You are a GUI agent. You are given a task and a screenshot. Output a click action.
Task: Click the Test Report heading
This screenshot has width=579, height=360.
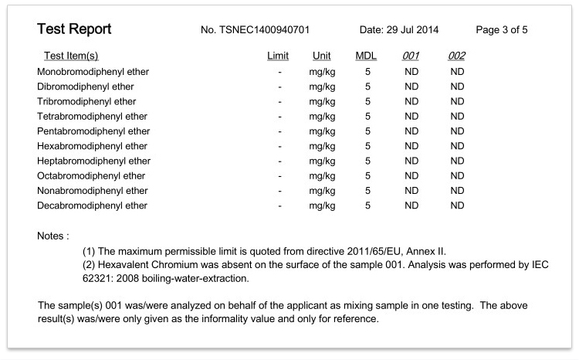74,30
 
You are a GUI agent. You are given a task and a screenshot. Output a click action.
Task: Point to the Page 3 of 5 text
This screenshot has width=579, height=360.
503,30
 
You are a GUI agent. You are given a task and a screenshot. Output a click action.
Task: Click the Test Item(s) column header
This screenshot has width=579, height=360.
72,56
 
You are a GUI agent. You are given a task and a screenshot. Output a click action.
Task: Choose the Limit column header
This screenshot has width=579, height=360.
278,56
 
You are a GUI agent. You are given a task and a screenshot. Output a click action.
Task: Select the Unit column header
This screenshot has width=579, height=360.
322,56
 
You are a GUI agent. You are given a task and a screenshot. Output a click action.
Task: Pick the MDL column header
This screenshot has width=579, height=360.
366,56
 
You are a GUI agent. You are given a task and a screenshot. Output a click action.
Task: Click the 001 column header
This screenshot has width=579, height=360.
411,56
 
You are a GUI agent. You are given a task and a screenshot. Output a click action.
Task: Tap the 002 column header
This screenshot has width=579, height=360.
456,56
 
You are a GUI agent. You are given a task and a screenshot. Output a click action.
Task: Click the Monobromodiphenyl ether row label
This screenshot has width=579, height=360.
93,72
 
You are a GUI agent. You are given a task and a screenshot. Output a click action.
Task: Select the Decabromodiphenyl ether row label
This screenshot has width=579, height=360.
92,205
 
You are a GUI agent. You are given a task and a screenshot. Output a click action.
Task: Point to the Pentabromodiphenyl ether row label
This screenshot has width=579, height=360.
93,131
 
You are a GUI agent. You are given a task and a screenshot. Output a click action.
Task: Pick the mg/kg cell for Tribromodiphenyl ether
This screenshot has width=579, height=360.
322,101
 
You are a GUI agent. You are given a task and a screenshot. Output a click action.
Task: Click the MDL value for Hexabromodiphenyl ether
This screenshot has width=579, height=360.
367,146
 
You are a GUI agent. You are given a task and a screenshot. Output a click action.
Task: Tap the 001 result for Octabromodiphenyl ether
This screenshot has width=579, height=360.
411,176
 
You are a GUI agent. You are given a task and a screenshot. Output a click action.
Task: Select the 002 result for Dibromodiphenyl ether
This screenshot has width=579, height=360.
457,87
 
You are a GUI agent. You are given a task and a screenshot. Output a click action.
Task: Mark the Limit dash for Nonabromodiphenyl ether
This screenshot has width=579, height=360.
279,191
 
